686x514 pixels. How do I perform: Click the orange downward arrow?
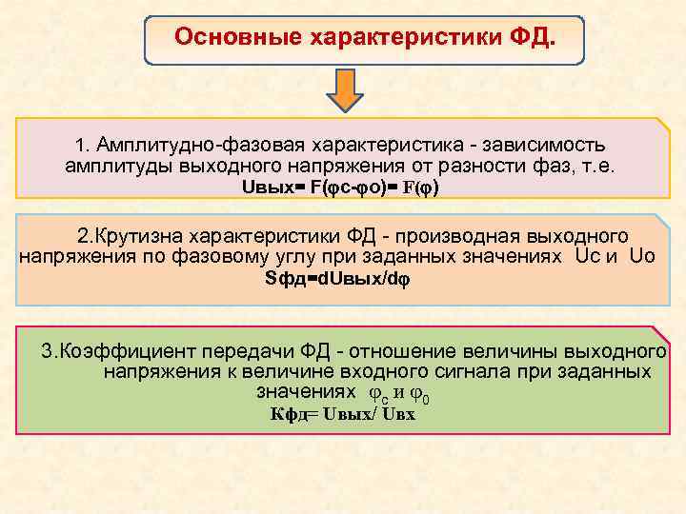346,89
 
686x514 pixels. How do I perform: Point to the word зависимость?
544,146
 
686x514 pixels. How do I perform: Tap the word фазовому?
217,256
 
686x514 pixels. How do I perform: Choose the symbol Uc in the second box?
586,256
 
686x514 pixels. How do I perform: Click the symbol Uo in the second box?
643,256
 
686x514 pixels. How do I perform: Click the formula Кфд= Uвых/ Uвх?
342,414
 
